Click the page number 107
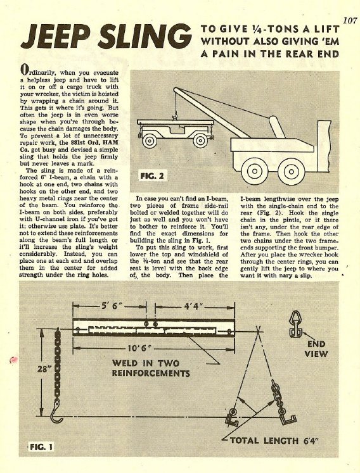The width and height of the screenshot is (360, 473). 350,21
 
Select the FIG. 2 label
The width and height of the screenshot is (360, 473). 152,176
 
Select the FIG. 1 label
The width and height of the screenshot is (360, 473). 41,447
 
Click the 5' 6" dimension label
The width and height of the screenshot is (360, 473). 110,306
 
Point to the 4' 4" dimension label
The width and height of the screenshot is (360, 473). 193,306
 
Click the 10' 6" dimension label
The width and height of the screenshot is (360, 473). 139,348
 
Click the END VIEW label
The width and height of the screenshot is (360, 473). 316,349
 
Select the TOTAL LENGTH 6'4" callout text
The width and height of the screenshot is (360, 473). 274,441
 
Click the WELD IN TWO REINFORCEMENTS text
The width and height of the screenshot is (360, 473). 151,368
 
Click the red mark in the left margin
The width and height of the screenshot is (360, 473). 13,359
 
